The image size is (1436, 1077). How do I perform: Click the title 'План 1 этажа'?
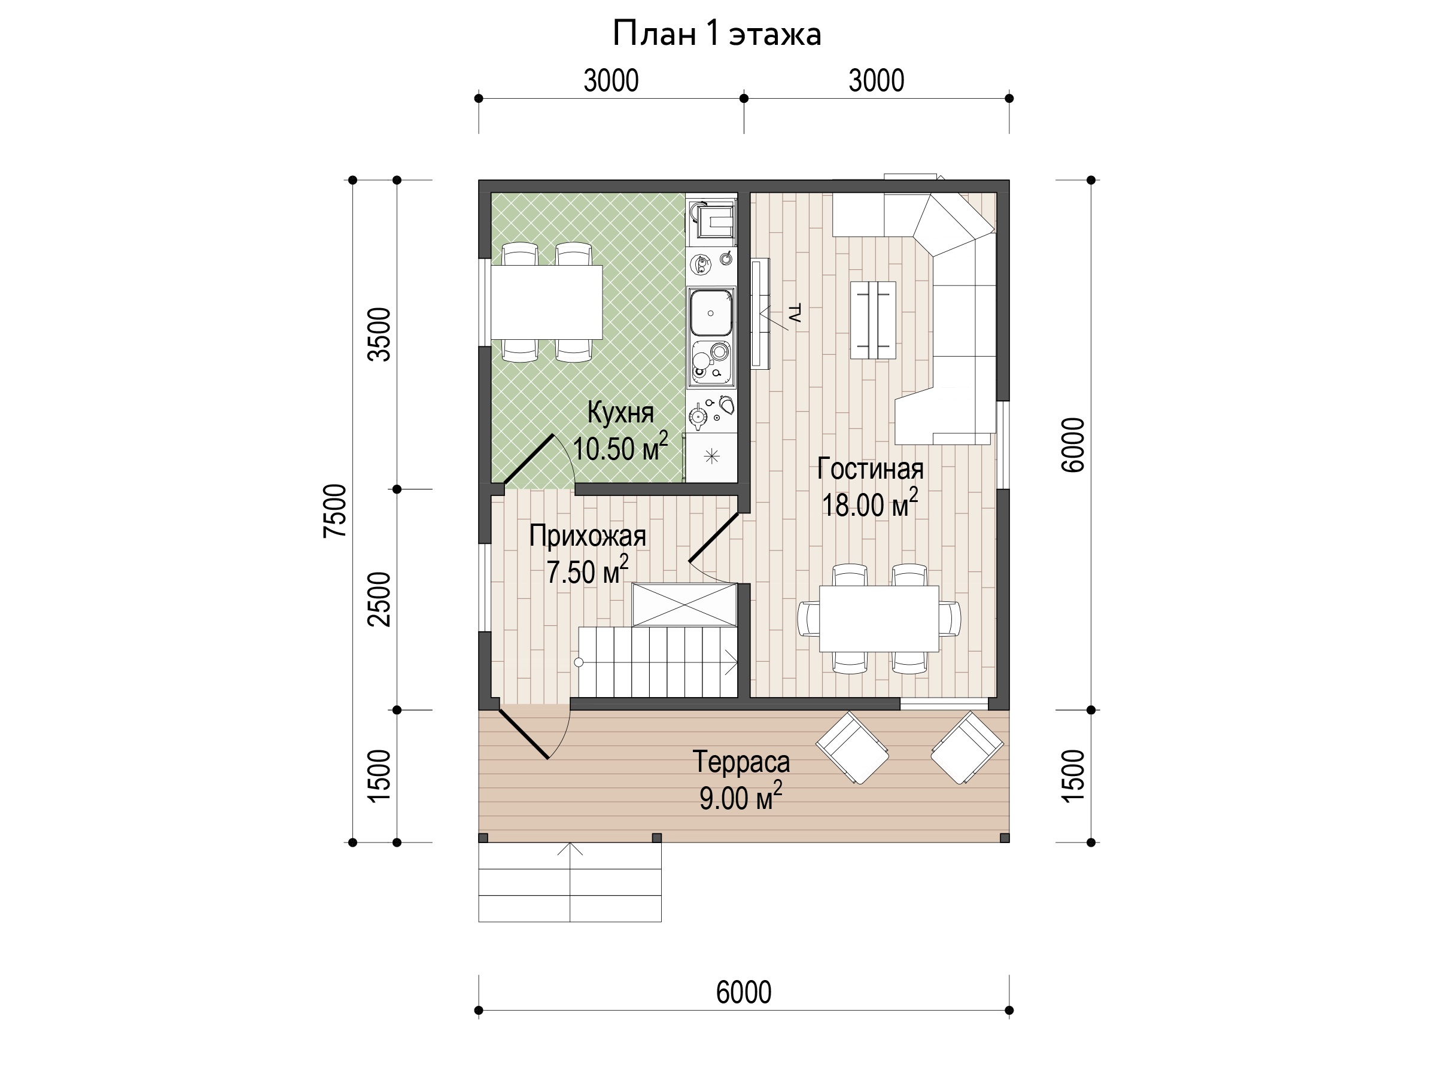pos(717,34)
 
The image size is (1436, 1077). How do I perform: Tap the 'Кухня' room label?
pos(620,413)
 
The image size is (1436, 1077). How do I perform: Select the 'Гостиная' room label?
pos(870,468)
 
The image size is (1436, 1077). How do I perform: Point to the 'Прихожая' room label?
pos(588,536)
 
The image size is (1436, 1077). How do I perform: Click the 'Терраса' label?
pos(741,762)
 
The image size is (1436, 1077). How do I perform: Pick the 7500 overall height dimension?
pos(336,511)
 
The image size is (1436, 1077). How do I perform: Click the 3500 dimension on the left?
pos(380,334)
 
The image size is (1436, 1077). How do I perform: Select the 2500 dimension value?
pos(380,599)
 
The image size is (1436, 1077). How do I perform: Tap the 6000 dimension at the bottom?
pos(744,992)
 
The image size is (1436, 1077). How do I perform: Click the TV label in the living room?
pos(794,313)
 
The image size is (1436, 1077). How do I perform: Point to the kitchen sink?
pos(711,313)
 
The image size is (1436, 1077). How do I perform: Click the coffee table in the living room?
pos(873,320)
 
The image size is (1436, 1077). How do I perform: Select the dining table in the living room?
pos(879,619)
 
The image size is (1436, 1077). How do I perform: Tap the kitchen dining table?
pos(547,302)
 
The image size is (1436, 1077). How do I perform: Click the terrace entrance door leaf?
pos(524,734)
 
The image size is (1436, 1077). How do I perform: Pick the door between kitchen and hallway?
pos(529,460)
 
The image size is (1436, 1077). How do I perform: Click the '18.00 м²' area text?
pos(870,504)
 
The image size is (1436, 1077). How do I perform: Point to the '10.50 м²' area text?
pos(620,448)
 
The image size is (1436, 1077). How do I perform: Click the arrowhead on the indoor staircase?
pos(732,663)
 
